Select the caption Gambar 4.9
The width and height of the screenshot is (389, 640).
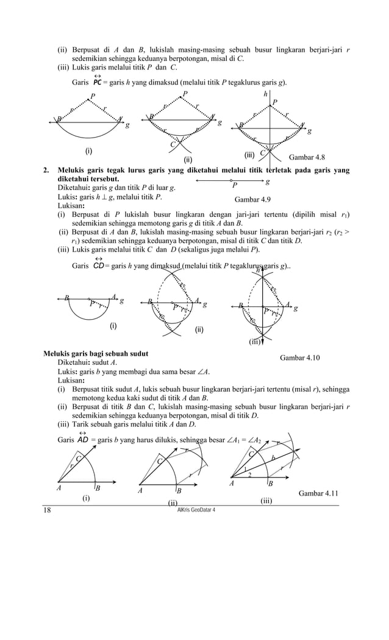click(252, 199)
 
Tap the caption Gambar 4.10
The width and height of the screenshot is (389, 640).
click(299, 358)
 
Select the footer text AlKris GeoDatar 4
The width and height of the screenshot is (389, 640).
click(194, 509)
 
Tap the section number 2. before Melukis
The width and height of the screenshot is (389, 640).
click(47, 171)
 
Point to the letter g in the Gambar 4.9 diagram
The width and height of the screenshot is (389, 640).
click(269, 181)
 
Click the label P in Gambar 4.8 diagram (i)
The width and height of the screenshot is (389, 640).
click(93, 96)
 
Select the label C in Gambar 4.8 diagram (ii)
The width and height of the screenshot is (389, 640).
click(172, 144)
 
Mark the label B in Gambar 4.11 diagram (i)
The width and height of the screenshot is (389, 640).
click(98, 488)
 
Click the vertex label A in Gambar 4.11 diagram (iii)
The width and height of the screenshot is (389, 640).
click(232, 484)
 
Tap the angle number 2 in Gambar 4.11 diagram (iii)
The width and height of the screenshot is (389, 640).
click(249, 474)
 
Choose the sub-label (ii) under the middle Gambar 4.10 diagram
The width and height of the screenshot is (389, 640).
click(199, 329)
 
